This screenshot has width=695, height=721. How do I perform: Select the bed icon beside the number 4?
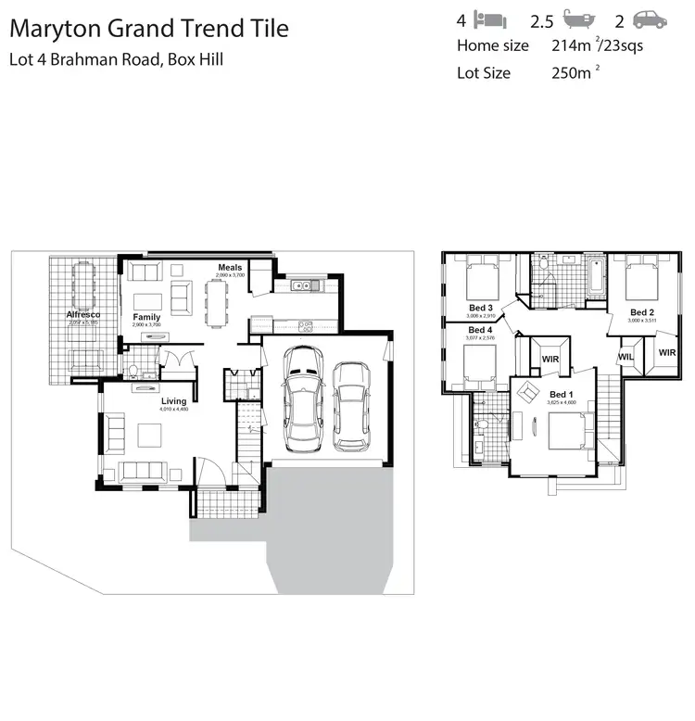click(489, 19)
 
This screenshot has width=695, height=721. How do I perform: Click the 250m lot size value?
click(572, 72)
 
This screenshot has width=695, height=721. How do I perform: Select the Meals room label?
click(230, 268)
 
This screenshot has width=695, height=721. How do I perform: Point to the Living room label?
click(172, 401)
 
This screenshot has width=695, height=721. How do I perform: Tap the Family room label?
click(146, 317)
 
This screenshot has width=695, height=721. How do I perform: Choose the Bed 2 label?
click(642, 312)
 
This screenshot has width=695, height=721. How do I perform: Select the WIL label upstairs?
click(625, 356)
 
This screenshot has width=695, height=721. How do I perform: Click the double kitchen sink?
click(302, 286)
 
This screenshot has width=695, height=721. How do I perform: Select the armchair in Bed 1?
click(527, 393)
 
